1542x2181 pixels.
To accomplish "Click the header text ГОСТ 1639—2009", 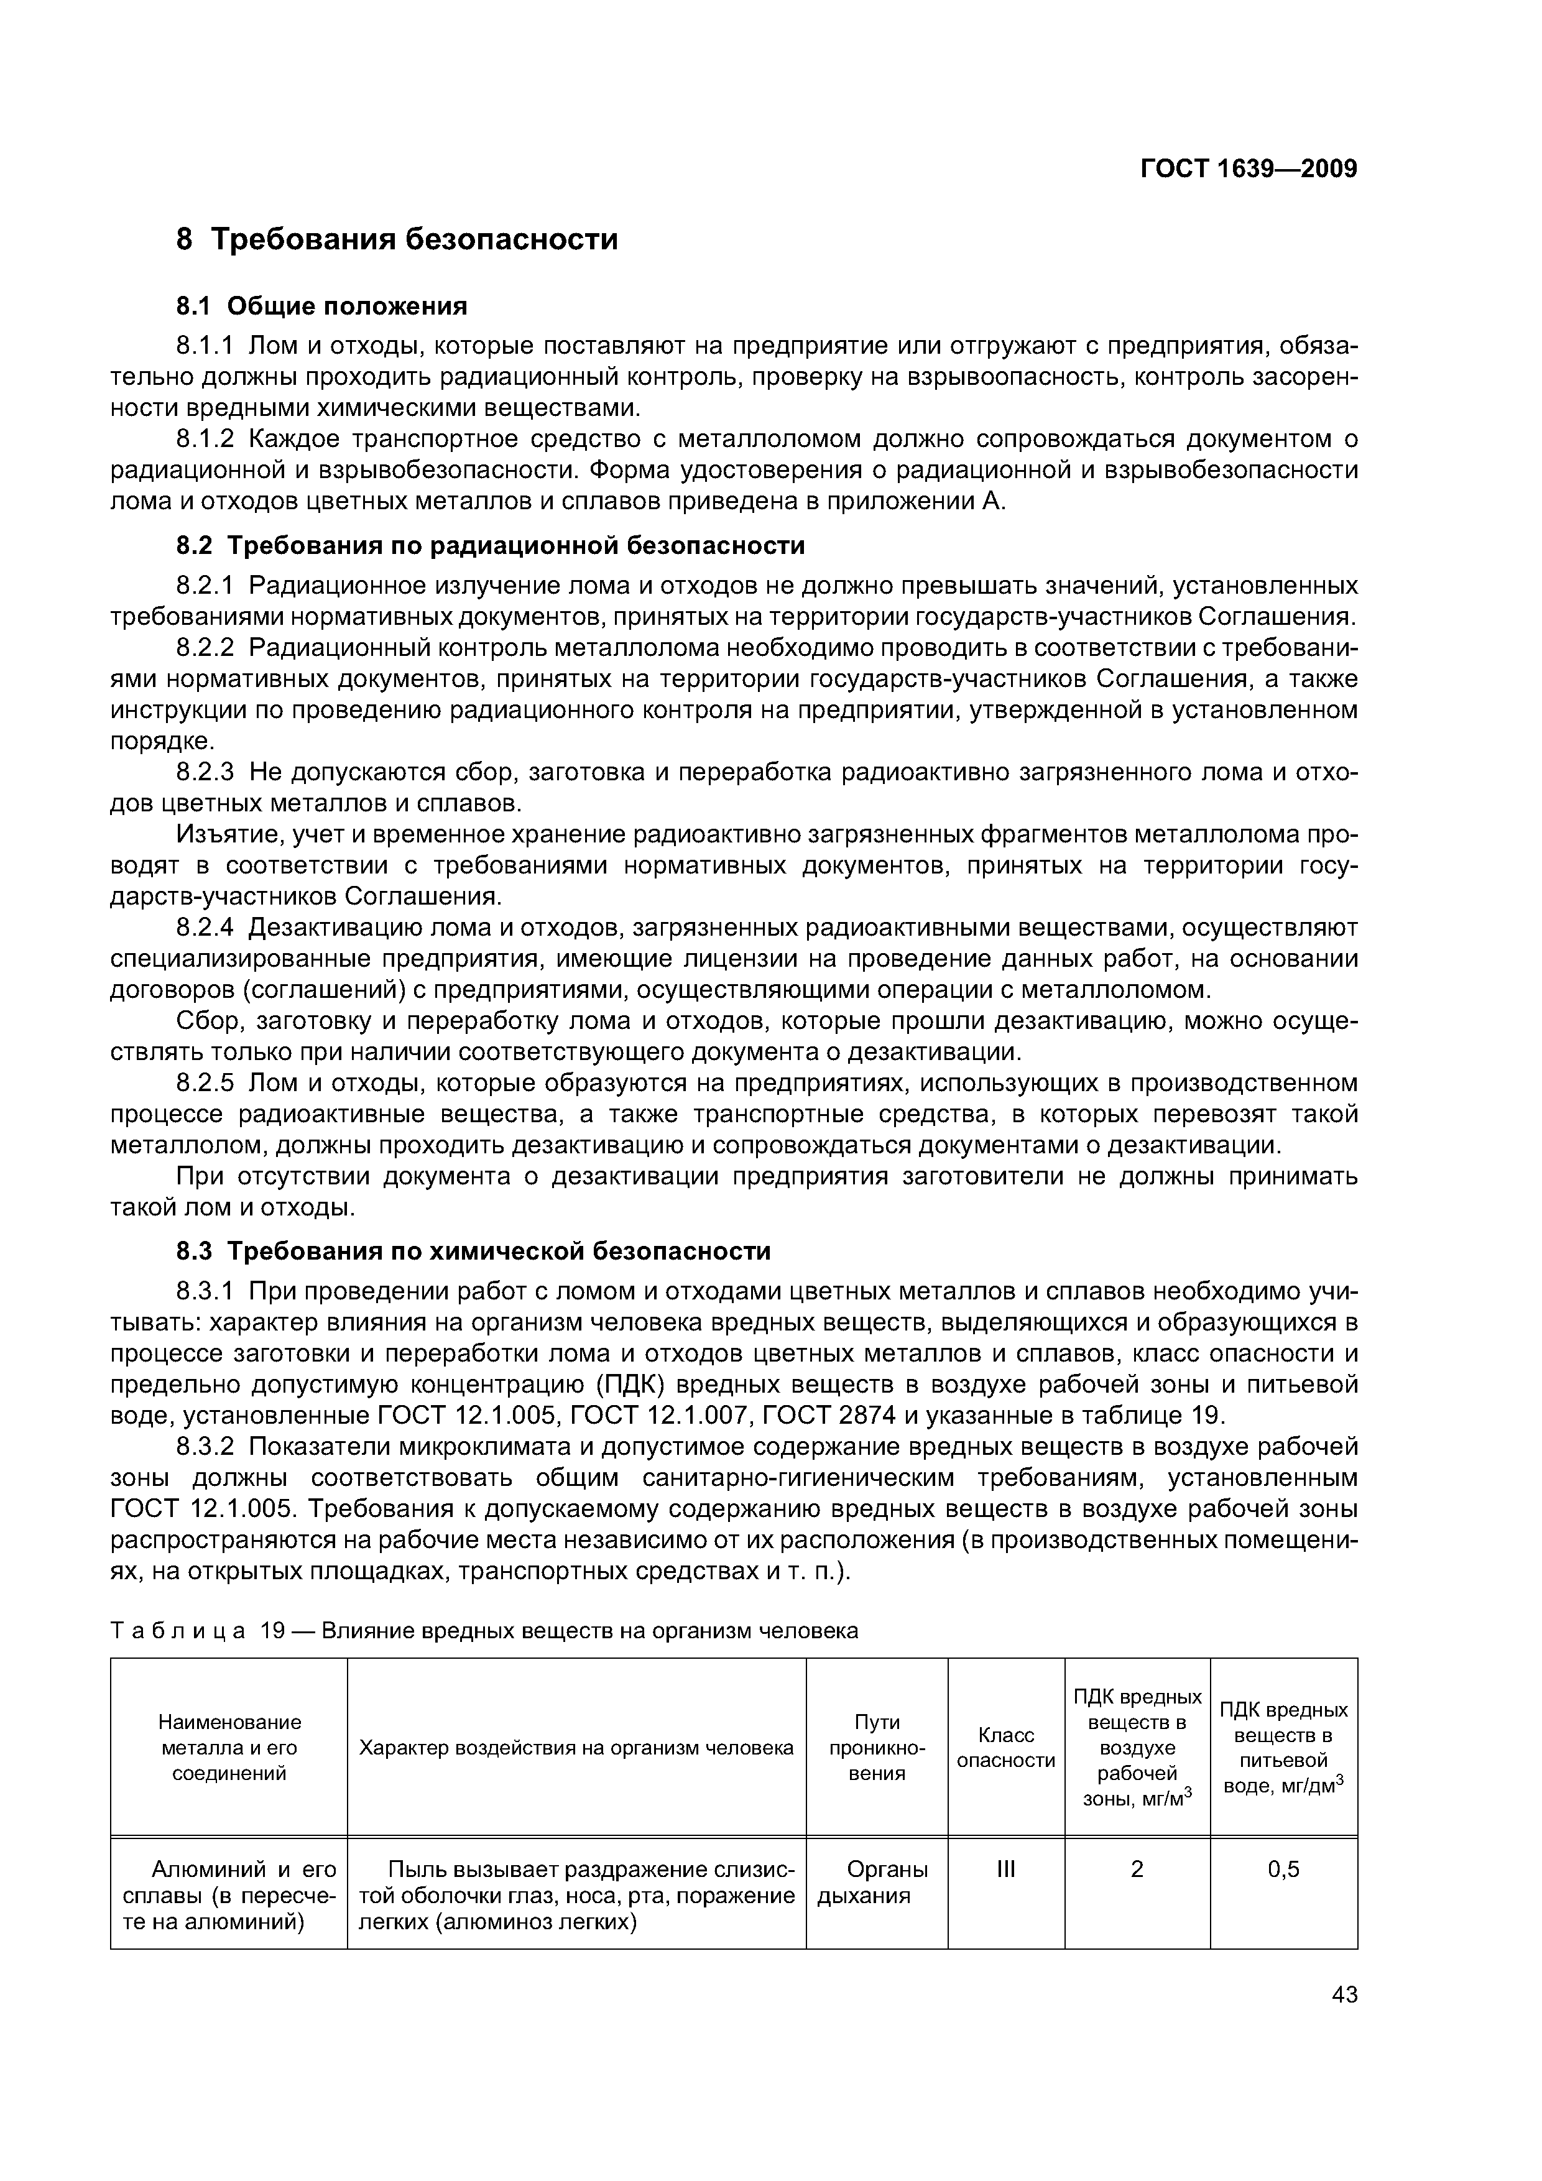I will tap(1247, 169).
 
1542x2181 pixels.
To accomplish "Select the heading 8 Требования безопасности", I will tap(397, 239).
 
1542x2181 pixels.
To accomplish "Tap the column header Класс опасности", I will tap(1005, 1748).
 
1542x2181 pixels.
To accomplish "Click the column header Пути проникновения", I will tap(876, 1748).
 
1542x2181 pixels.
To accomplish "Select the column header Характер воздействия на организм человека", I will tap(576, 1748).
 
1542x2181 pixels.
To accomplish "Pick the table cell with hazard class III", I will tap(1005, 1870).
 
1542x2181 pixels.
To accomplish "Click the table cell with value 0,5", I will tap(1283, 1870).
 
